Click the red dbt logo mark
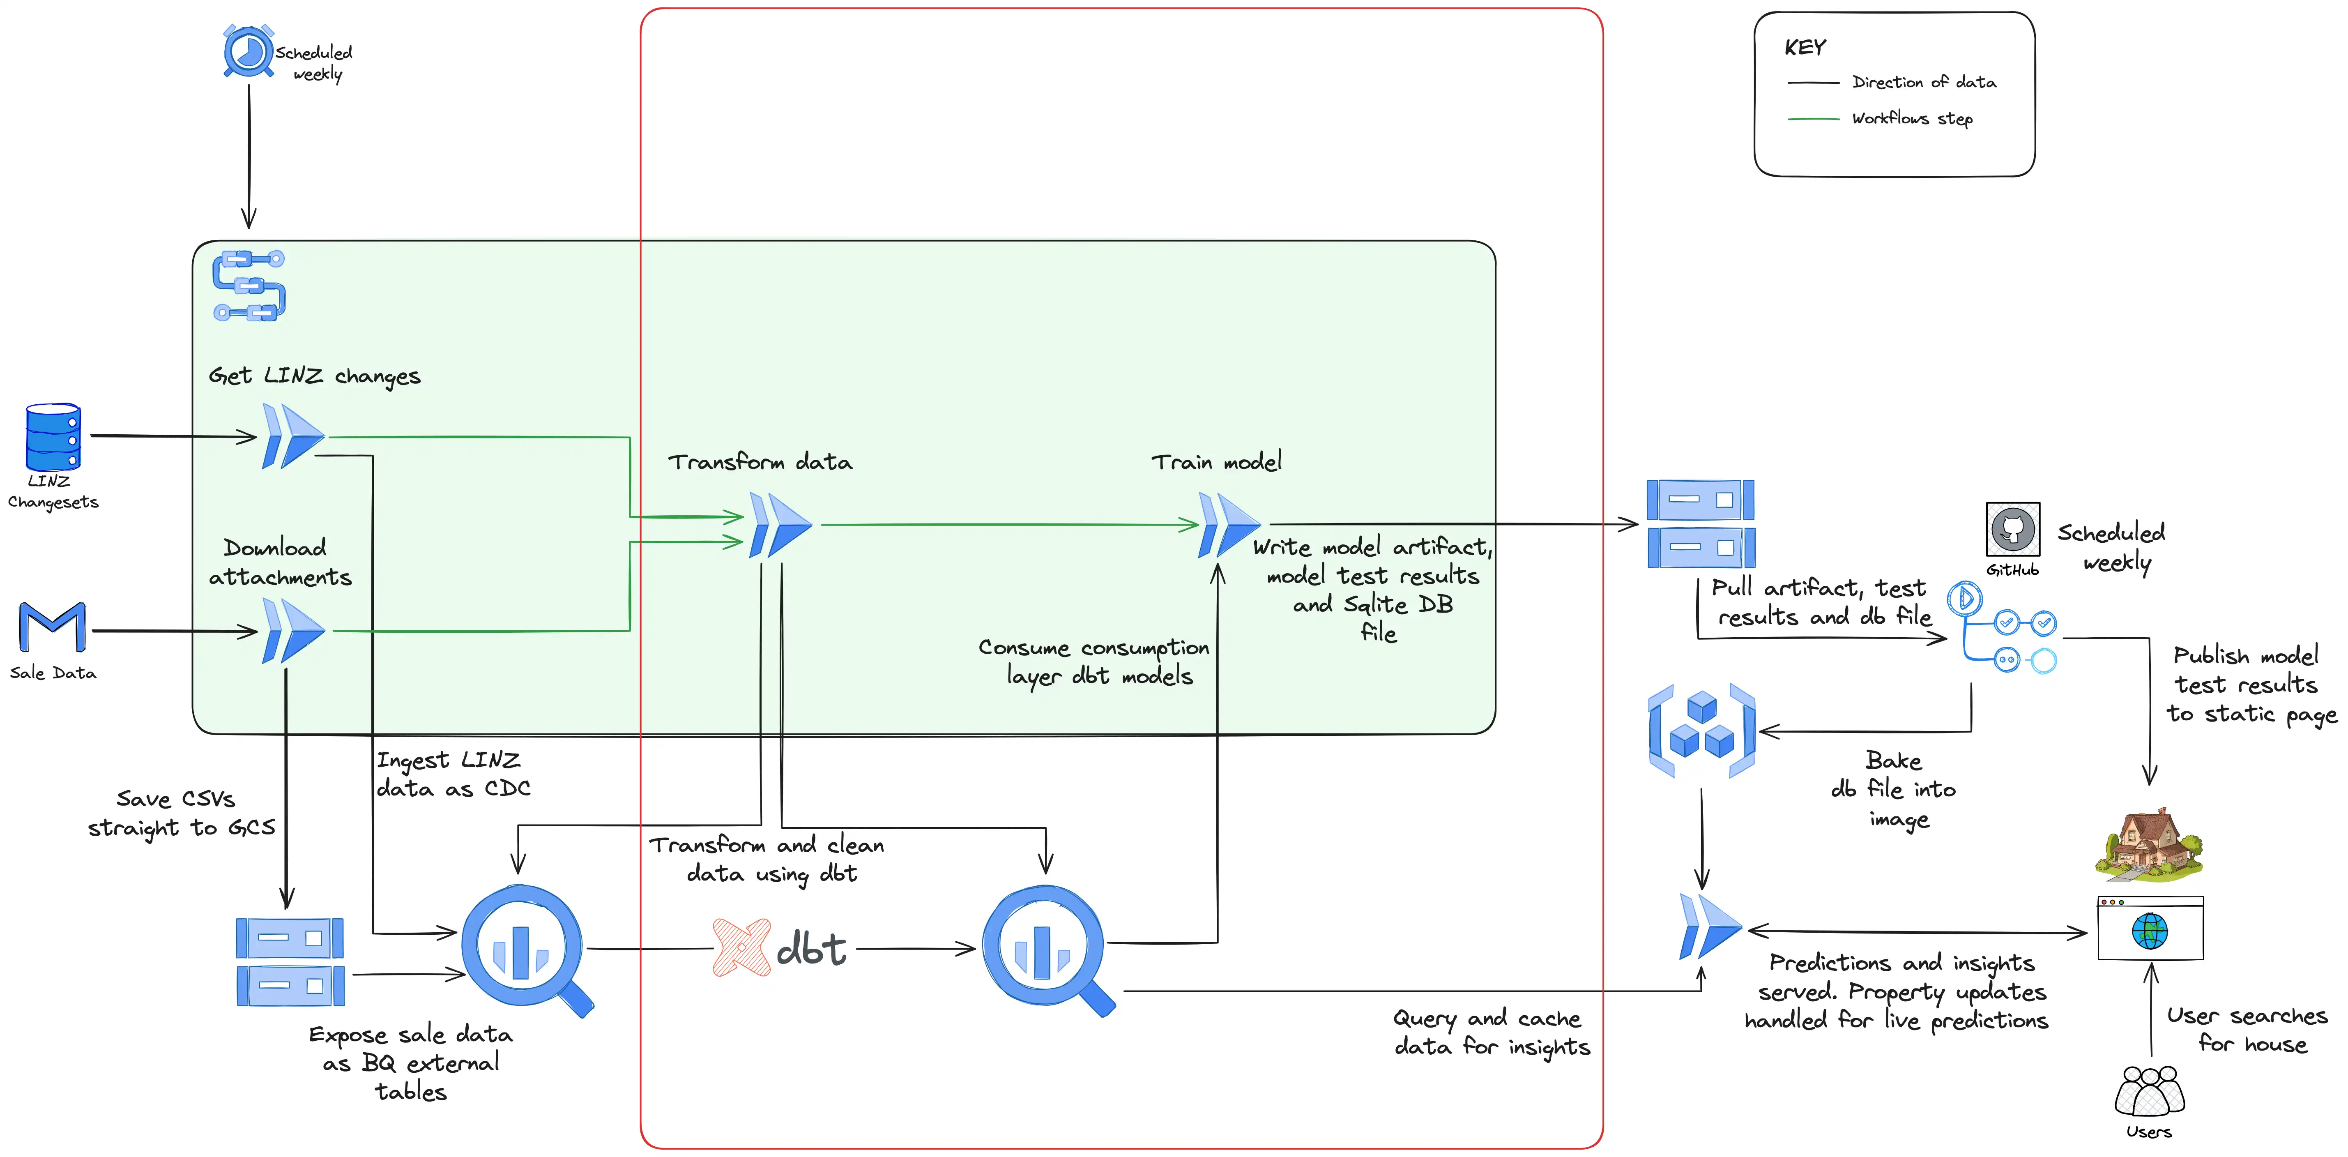[740, 948]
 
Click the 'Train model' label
[1216, 462]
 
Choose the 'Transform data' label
[760, 462]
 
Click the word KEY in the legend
[1805, 47]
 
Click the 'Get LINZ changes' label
[315, 376]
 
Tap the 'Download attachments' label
[280, 562]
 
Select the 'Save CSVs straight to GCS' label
[180, 813]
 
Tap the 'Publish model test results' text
[2251, 684]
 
